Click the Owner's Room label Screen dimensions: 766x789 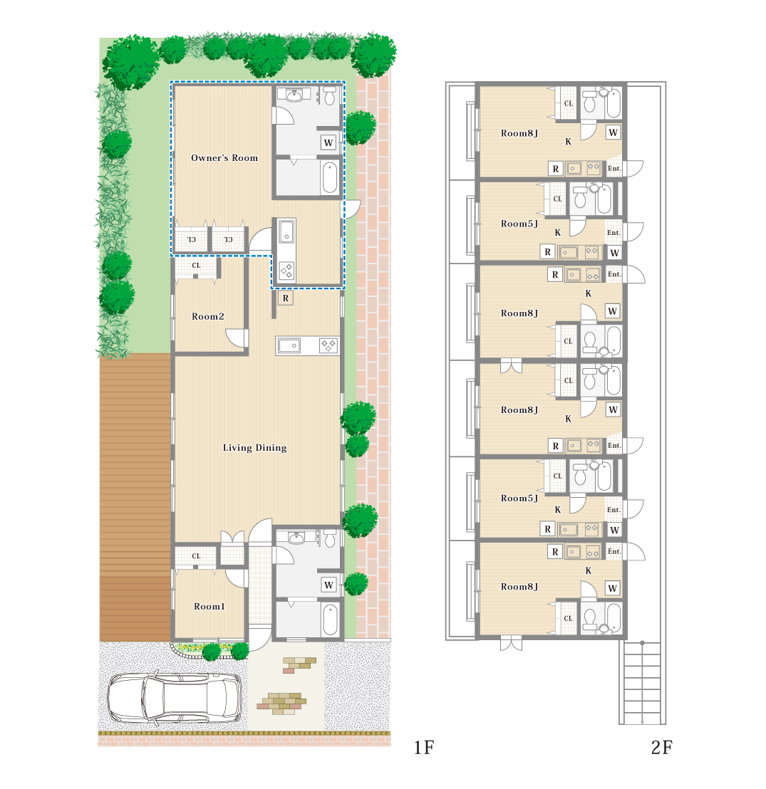224,157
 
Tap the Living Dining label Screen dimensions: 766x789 255,447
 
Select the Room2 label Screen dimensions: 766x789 207,316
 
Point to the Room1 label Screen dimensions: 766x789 209,606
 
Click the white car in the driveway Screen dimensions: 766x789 175,697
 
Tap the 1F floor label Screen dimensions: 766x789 423,748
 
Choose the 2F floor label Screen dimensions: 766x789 661,748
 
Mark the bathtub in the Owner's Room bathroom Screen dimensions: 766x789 330,177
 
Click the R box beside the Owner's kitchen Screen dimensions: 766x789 286,298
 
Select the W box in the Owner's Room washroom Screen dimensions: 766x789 328,142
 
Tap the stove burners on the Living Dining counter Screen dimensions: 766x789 329,345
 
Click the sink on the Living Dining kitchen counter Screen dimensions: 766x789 289,345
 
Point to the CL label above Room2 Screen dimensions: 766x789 196,265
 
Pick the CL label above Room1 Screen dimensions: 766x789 196,556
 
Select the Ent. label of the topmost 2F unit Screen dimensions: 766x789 614,169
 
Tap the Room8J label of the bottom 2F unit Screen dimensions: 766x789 519,587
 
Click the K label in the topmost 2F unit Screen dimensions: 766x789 568,142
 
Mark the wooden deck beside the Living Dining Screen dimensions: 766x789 135,497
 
